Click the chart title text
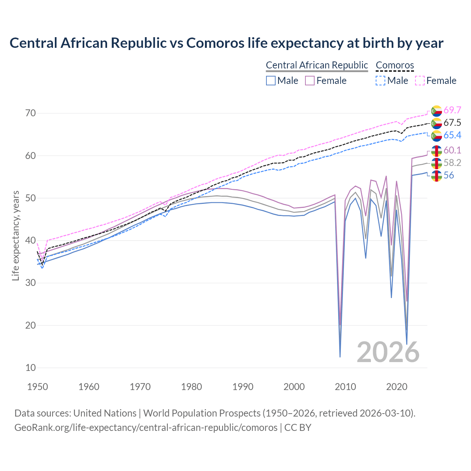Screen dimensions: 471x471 226,43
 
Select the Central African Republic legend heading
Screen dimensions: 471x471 316,65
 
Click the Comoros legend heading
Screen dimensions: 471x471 395,65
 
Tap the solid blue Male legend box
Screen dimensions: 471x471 271,81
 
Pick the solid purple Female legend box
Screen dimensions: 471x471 310,81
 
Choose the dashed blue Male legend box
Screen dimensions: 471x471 380,81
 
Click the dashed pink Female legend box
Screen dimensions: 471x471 420,81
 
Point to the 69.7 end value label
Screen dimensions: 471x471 452,110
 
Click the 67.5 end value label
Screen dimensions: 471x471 452,123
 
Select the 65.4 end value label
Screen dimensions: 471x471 452,135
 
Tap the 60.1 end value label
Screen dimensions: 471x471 452,150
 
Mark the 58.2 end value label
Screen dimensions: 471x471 452,163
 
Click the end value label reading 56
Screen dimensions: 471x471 449,175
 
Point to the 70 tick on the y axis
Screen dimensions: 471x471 31,113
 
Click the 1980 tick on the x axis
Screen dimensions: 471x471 191,387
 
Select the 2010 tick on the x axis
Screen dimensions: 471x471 345,387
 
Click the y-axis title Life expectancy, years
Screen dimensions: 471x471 15,235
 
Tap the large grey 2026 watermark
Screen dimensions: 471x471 388,352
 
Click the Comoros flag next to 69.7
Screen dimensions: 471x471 436,110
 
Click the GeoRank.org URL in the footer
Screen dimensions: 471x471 146,427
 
